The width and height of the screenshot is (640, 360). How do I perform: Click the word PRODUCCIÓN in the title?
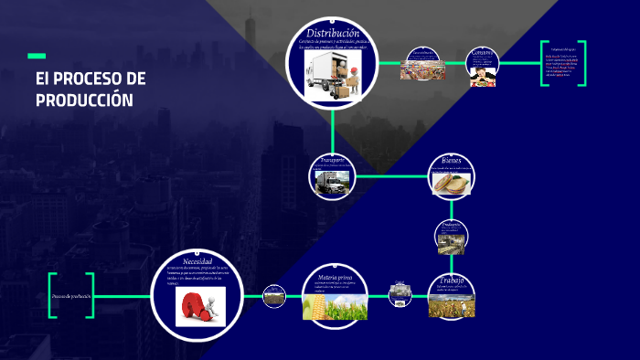point(85,100)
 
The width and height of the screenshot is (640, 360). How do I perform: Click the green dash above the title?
point(37,56)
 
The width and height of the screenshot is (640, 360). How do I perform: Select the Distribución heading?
point(333,34)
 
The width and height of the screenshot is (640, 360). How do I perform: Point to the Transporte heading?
point(332,159)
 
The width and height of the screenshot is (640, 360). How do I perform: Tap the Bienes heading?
point(452,160)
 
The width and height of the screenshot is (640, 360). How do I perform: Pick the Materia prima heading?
point(335,276)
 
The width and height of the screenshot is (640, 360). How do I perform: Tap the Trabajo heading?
point(452,280)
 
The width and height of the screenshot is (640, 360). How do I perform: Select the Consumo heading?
point(483,53)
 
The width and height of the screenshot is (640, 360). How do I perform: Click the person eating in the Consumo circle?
point(483,76)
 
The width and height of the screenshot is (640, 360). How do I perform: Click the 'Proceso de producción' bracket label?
point(71,296)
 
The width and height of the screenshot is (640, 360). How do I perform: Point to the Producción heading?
point(452,224)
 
